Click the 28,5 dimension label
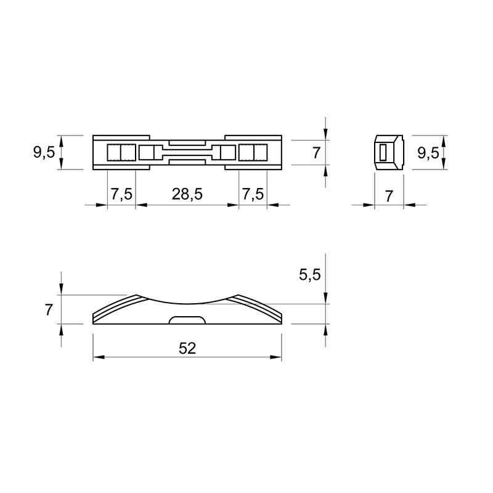(187, 194)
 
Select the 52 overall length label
(187, 348)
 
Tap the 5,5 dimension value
(310, 275)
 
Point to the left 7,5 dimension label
(121, 194)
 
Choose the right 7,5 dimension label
(253, 194)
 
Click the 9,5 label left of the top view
(44, 152)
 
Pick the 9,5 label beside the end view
(428, 153)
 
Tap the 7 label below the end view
(389, 197)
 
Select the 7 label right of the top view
(316, 153)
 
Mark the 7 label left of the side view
(49, 311)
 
